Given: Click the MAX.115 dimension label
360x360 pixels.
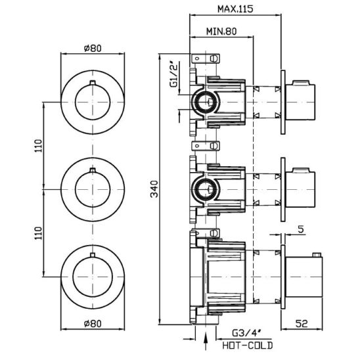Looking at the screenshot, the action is point(235,9).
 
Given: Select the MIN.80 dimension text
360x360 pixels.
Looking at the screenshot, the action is point(221,32).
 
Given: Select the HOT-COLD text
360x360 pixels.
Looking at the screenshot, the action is point(248,345).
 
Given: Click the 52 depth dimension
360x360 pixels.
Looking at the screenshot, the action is point(302,324).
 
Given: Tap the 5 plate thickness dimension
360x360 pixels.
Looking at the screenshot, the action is point(301,229).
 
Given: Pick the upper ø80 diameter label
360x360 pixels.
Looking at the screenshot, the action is point(93,48).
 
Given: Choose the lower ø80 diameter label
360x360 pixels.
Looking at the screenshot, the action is point(93,324).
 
